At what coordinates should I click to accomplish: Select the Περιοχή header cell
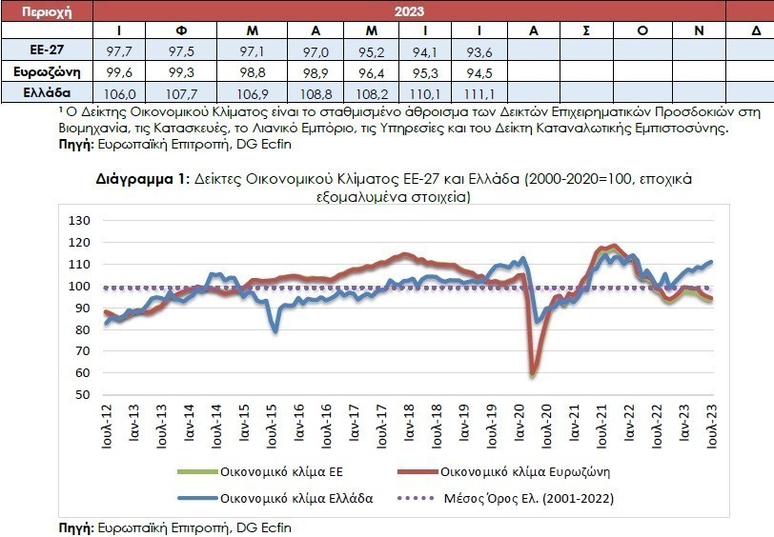click(x=47, y=11)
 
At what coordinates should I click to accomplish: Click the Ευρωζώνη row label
click(x=47, y=72)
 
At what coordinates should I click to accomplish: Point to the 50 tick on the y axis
click(x=83, y=394)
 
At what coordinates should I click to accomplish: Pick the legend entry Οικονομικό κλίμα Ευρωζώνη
click(x=524, y=471)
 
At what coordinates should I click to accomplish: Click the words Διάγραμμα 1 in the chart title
click(x=139, y=178)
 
